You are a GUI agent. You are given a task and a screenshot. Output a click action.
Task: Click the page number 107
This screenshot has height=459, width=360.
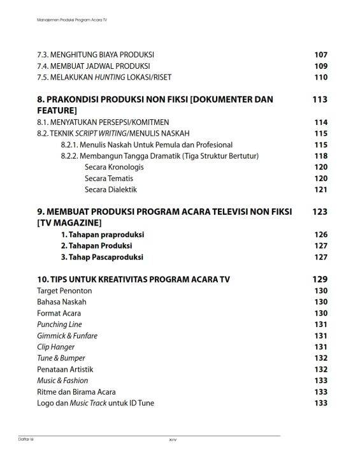coord(320,54)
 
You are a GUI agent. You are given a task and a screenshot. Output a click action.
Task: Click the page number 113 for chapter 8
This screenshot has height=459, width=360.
coord(320,99)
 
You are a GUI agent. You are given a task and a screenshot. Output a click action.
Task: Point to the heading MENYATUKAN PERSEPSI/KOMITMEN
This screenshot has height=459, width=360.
coord(99,122)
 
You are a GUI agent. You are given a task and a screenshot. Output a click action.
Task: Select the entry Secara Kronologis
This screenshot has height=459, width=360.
coord(114,167)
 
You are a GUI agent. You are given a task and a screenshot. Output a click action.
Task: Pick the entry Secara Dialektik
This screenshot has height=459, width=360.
coord(111,189)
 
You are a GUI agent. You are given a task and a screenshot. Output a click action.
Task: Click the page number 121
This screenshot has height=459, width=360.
coord(320,189)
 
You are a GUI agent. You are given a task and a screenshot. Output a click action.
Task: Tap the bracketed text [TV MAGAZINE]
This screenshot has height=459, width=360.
coord(69,222)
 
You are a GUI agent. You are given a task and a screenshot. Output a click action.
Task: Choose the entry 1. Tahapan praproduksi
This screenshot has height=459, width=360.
coord(102,235)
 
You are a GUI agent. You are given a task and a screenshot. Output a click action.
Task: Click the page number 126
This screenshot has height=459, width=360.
coord(320,235)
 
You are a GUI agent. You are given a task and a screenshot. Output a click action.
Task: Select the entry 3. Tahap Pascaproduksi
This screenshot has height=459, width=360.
coord(102,257)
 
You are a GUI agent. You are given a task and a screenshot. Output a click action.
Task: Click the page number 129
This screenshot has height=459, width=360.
coord(320,279)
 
